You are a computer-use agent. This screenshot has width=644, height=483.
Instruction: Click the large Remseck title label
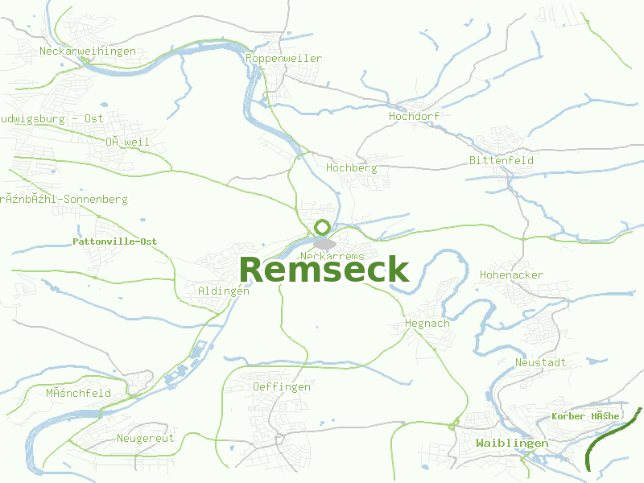point(324,270)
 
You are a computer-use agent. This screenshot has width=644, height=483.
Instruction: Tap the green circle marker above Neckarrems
point(323,228)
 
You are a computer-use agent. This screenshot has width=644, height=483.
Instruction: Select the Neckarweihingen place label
point(88,52)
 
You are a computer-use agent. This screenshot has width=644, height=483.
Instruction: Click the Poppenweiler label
point(283,59)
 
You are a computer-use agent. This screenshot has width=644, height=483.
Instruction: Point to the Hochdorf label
point(414,116)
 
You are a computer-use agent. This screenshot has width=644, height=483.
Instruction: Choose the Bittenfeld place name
point(502,160)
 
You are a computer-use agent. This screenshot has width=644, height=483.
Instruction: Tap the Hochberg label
point(352,167)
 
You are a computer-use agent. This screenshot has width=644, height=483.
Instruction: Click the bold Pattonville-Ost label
point(114,242)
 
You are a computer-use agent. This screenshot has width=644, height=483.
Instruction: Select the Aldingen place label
point(223,291)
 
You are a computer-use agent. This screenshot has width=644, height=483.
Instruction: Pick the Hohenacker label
point(511,275)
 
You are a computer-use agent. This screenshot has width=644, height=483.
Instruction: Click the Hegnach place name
point(427,324)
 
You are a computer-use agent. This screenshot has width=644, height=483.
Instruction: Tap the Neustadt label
point(540,363)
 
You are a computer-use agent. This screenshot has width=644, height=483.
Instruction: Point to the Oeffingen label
point(281,387)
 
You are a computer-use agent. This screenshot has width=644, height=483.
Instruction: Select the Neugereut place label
point(145,439)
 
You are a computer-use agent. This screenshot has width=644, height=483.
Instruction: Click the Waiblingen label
point(512,444)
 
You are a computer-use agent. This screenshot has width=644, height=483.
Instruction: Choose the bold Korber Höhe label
point(585,416)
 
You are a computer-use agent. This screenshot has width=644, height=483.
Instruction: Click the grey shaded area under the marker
point(324,243)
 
